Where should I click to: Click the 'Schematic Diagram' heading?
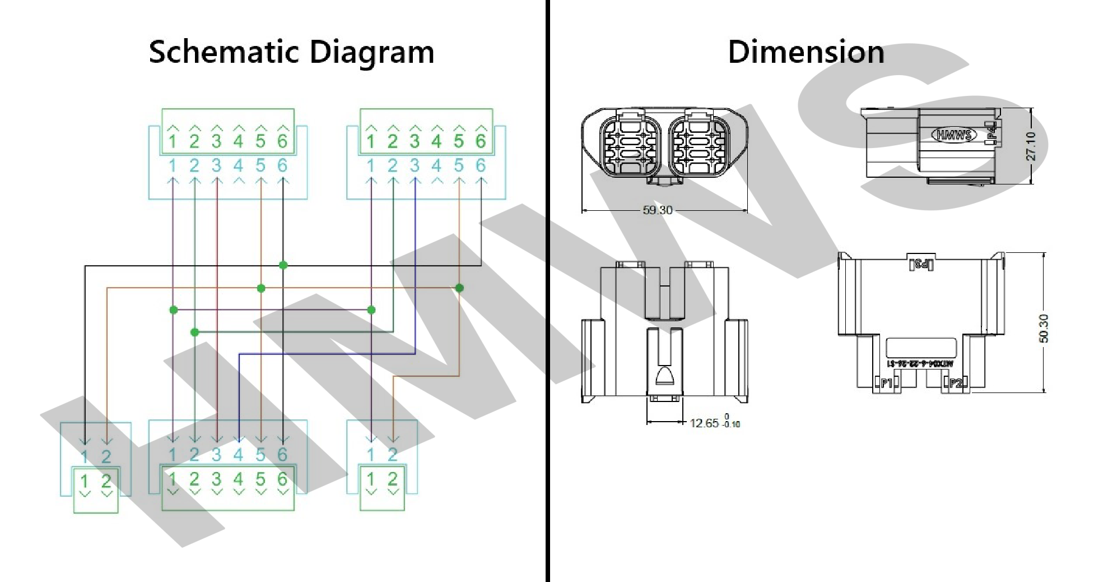pyautogui.click(x=291, y=52)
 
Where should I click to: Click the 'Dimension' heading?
pyautogui.click(x=806, y=52)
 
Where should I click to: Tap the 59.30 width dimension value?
pyautogui.click(x=658, y=210)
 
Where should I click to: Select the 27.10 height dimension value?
pyautogui.click(x=1031, y=146)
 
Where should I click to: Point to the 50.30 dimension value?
pyautogui.click(x=1043, y=329)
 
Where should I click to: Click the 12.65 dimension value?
pyautogui.click(x=704, y=423)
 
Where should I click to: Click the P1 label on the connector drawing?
pyautogui.click(x=886, y=383)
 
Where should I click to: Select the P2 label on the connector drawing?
pyautogui.click(x=955, y=383)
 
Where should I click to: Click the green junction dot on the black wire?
pyautogui.click(x=283, y=265)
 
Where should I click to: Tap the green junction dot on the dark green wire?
pyautogui.click(x=194, y=332)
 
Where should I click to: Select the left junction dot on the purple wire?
pyautogui.click(x=174, y=310)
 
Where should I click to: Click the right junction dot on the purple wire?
pyautogui.click(x=371, y=310)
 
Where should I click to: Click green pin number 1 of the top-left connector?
pyautogui.click(x=173, y=141)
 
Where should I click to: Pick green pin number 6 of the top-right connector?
pyautogui.click(x=481, y=141)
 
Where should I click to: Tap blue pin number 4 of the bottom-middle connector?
pyautogui.click(x=239, y=455)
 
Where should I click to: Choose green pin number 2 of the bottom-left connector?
pyautogui.click(x=106, y=481)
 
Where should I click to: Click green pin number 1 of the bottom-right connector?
pyautogui.click(x=371, y=479)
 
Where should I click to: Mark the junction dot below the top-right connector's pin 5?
pyautogui.click(x=459, y=288)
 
